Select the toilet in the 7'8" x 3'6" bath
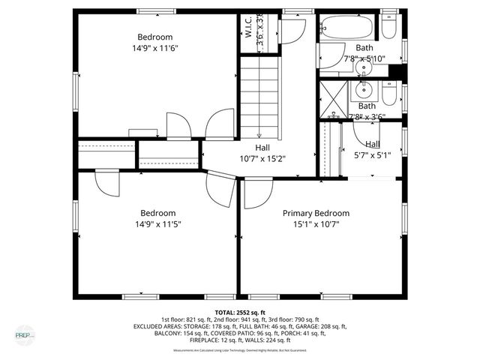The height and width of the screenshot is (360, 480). click(x=388, y=92)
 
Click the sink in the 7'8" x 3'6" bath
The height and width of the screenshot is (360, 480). click(x=367, y=92)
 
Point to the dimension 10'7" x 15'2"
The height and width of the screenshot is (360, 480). click(x=262, y=158)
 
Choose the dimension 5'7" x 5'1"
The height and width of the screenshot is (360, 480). click(x=373, y=156)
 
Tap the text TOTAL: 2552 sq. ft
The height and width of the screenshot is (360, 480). click(x=240, y=312)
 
